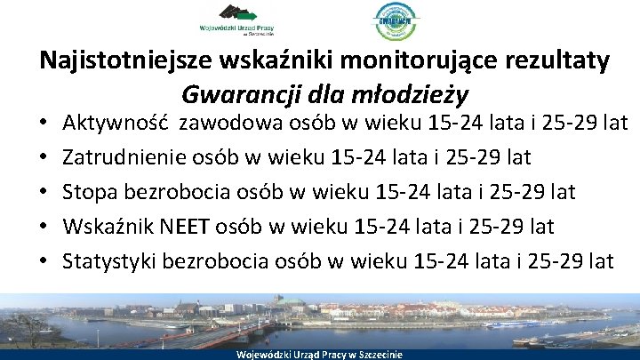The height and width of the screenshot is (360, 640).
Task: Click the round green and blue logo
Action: (x=396, y=21)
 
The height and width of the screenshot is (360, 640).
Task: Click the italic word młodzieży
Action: (x=414, y=92)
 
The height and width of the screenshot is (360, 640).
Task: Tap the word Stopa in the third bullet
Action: (x=92, y=192)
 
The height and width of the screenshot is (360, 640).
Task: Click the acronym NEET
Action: (x=187, y=227)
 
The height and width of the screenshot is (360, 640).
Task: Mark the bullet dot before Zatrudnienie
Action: (x=43, y=158)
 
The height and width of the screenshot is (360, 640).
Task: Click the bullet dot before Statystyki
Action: (x=43, y=262)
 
